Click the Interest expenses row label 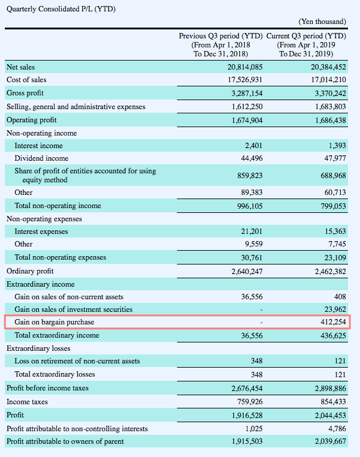click(41, 231)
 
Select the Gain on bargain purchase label click(55, 323)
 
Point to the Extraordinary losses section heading click(38, 348)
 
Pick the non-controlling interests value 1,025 click(253, 429)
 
